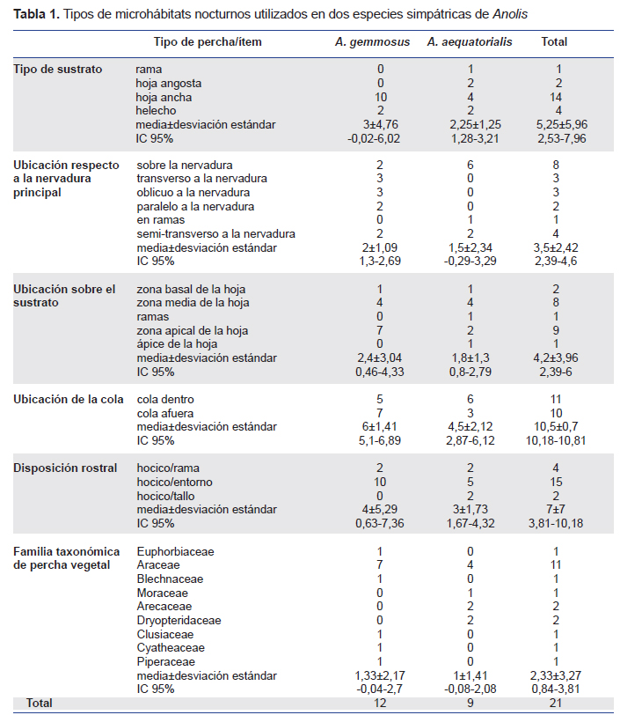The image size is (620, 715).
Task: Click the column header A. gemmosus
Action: (372, 41)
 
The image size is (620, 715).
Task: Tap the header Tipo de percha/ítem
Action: (208, 41)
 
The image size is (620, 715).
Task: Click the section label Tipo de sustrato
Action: (58, 69)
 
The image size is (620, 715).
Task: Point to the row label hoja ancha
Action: (164, 97)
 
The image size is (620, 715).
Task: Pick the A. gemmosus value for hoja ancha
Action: (380, 97)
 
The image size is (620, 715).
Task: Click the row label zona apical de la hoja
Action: (193, 331)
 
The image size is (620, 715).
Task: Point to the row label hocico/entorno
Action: (175, 482)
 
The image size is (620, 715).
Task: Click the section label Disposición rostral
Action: (65, 468)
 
